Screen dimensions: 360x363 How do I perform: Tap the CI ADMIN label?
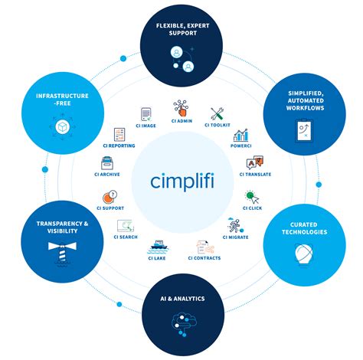click(181, 121)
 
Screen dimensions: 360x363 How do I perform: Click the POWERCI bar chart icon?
click(243, 136)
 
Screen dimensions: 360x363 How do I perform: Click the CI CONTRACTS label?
click(204, 258)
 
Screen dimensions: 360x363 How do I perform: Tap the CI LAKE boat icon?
click(157, 245)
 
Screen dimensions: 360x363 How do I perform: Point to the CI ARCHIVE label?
click(109, 175)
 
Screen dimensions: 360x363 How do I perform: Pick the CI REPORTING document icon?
click(120, 135)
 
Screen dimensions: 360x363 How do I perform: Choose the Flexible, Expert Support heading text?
click(181, 30)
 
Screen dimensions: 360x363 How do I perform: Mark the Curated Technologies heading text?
click(304, 228)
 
